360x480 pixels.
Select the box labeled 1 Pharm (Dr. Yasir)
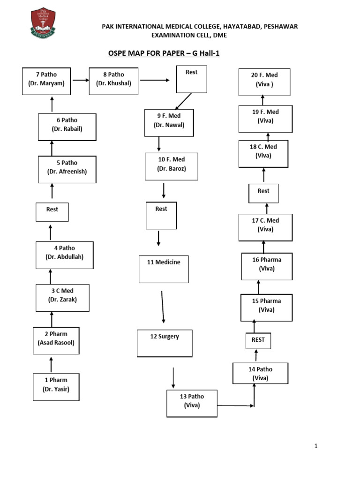tap(56, 387)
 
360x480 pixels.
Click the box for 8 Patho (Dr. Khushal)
tap(113, 81)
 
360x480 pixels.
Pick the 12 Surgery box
tap(165, 343)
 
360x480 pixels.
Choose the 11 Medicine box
tap(164, 269)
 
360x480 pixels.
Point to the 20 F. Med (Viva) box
tap(264, 82)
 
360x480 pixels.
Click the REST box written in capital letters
tap(258, 340)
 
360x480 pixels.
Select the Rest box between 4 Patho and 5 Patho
tap(52, 211)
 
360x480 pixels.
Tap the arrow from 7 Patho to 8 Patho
tap(81, 80)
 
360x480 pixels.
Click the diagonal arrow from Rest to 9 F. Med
tap(183, 101)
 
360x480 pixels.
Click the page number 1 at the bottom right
tap(316, 446)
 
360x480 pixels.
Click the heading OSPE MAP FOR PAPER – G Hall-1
tap(164, 53)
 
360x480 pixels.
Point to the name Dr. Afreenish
tap(67, 172)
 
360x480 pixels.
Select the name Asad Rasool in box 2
tap(56, 343)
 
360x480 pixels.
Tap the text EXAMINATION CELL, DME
tap(188, 35)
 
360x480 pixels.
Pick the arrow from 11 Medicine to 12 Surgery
tap(163, 307)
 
